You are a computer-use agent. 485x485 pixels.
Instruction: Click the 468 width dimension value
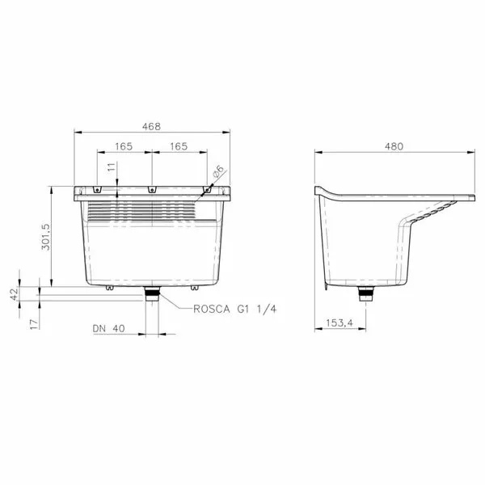click(152, 127)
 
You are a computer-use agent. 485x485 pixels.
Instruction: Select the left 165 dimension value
click(124, 146)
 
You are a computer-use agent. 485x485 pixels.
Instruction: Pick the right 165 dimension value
click(179, 146)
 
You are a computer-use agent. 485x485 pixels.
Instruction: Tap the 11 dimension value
click(112, 167)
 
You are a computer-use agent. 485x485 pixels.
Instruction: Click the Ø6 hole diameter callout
click(218, 171)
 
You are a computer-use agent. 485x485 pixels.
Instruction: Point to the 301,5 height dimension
click(46, 237)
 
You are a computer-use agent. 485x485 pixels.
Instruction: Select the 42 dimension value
click(15, 293)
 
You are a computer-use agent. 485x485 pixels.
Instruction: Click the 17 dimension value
click(34, 324)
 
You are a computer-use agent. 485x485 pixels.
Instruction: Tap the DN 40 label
click(109, 328)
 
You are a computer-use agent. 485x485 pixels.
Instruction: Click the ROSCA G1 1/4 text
click(234, 309)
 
